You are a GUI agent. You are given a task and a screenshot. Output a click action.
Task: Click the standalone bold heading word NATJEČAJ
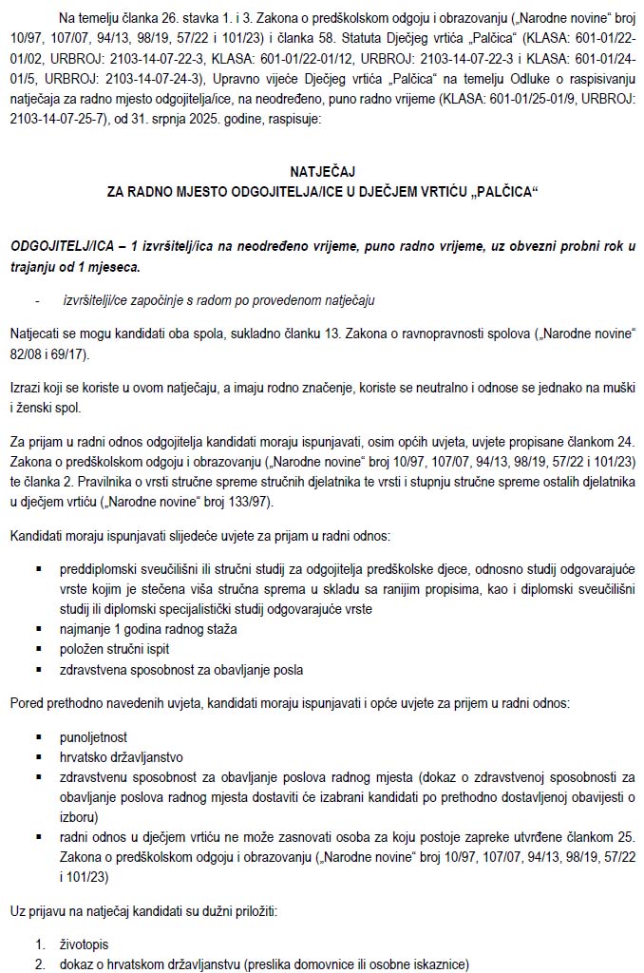[321, 171]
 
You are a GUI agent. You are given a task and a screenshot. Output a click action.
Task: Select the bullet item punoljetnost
[93, 736]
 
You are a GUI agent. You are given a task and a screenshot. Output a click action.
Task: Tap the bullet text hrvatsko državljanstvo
[120, 756]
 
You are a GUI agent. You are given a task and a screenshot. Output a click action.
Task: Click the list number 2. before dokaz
[41, 964]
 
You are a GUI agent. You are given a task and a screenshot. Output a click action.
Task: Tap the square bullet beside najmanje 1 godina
[39, 629]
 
